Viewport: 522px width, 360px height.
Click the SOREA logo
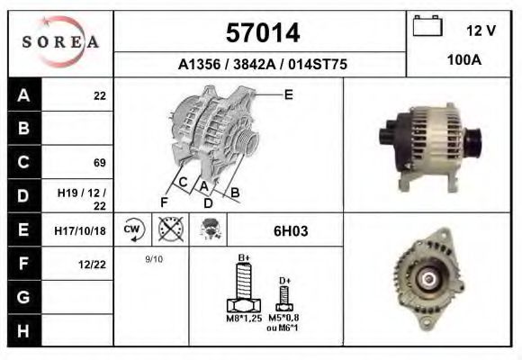point(60,42)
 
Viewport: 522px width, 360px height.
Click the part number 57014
point(262,33)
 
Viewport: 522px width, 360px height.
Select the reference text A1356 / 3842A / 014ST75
point(262,65)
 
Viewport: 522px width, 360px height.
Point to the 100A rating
point(464,59)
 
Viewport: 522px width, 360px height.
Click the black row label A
point(24,95)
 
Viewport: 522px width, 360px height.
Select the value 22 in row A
point(99,95)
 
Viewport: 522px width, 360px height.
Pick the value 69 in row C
point(99,163)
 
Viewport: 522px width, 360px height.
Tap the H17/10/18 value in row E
point(81,230)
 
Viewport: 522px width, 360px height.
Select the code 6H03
point(290,230)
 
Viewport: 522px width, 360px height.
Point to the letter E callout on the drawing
point(289,94)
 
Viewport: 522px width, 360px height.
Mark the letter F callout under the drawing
point(164,202)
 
